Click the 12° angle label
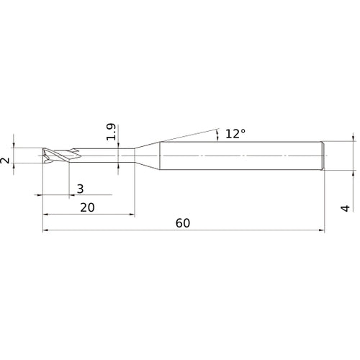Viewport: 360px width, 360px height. (x=235, y=134)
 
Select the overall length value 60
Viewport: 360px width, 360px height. (x=182, y=223)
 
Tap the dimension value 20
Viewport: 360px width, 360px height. (x=88, y=207)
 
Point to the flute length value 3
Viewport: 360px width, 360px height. (x=80, y=189)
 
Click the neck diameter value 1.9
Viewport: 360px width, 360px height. (x=110, y=132)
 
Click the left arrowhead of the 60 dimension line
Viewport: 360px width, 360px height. (x=47, y=231)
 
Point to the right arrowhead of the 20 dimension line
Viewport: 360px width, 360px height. (x=131, y=215)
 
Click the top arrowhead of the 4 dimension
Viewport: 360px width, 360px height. (x=353, y=138)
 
